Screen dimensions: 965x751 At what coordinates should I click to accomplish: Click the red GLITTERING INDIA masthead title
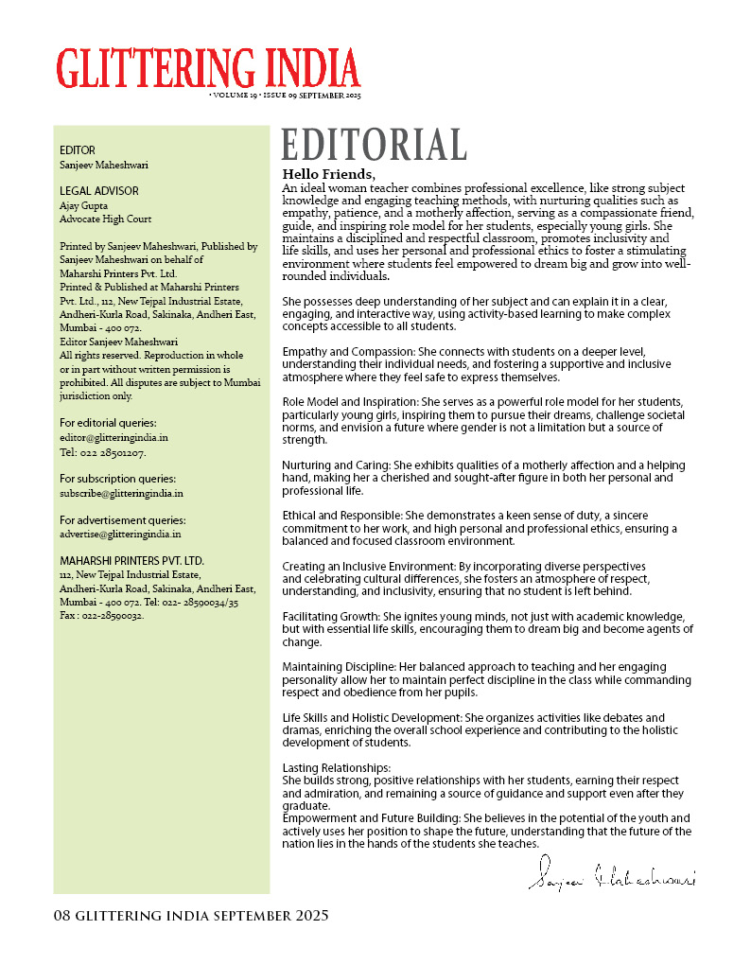pyautogui.click(x=208, y=67)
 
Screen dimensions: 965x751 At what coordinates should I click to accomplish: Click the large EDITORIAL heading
pyautogui.click(x=374, y=145)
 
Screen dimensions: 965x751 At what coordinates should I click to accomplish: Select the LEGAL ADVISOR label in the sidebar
pyautogui.click(x=99, y=191)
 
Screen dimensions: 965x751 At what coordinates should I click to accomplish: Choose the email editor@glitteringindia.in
pyautogui.click(x=114, y=438)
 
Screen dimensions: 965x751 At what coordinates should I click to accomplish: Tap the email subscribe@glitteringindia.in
pyautogui.click(x=121, y=493)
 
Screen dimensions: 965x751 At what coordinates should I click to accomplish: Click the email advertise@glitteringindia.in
pyautogui.click(x=121, y=534)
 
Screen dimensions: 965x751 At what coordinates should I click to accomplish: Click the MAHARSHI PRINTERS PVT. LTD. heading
pyautogui.click(x=131, y=561)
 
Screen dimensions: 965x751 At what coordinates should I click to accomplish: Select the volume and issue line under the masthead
pyautogui.click(x=284, y=96)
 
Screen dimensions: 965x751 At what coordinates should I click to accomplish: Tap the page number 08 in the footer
pyautogui.click(x=62, y=916)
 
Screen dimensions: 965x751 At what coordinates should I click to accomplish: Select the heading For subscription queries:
pyautogui.click(x=117, y=479)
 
